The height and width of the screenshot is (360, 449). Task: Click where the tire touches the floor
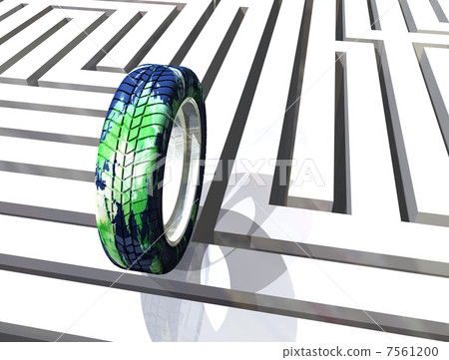(x=150, y=269)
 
